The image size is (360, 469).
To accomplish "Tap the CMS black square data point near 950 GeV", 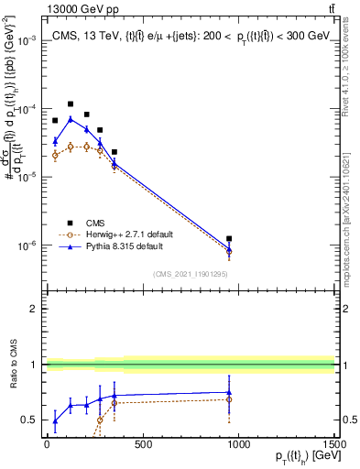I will tap(229, 238).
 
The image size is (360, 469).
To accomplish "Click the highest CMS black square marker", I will tap(71, 104).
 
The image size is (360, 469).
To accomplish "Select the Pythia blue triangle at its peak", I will tap(71, 119).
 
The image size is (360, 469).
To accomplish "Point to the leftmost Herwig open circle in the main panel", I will tap(55, 155).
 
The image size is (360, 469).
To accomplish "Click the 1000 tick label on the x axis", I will tap(238, 446).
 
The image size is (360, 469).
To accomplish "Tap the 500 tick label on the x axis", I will tap(142, 446).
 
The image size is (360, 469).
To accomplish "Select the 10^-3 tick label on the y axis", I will tap(26, 41).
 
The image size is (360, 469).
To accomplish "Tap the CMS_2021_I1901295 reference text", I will tap(190, 274).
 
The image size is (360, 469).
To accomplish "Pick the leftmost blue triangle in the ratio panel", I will tap(55, 421).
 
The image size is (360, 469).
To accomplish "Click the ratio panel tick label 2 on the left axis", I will tap(33, 309).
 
